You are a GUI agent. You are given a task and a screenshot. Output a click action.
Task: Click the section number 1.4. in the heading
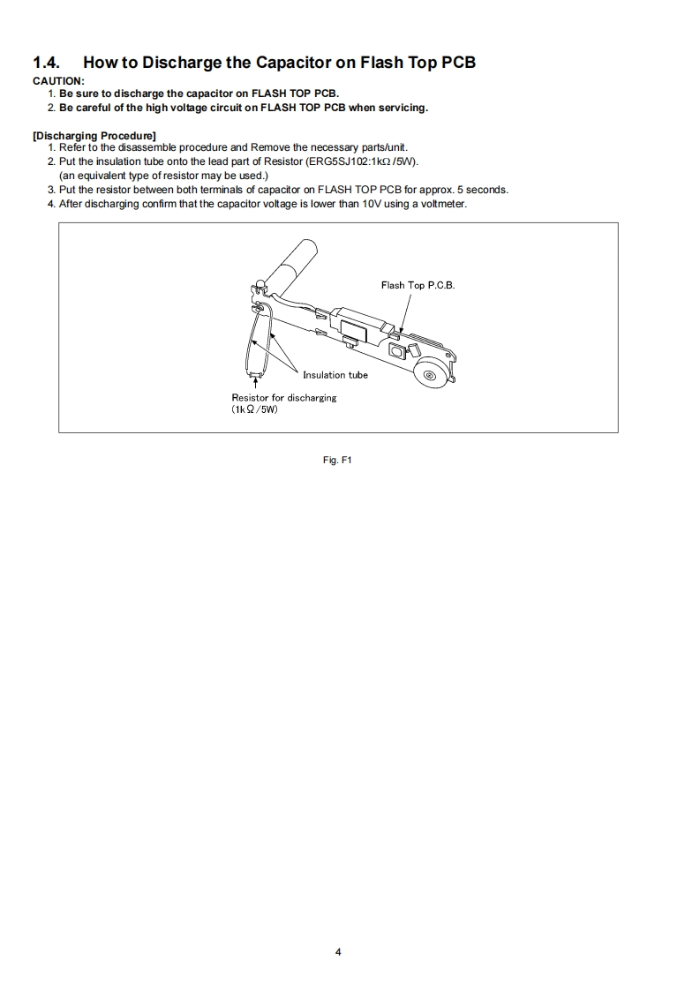coord(48,63)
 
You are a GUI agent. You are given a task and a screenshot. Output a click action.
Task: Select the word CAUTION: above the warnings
coord(58,81)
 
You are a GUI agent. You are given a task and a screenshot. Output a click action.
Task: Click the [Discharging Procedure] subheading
coord(94,135)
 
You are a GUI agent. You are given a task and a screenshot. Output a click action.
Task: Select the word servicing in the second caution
coord(402,108)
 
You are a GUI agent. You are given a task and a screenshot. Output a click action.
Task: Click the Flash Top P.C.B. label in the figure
coord(418,285)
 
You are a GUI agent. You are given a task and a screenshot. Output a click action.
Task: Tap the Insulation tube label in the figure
coord(335,375)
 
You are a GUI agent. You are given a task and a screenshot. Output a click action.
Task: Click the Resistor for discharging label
coord(284,398)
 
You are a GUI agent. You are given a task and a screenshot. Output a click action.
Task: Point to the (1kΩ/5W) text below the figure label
coord(255,410)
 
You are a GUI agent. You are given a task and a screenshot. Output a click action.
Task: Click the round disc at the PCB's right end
coord(430,376)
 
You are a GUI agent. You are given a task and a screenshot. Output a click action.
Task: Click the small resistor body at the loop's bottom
coord(254,375)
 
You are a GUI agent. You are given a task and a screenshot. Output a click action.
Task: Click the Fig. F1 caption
coord(338,460)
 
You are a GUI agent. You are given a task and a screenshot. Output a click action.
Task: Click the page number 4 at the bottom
coord(338,952)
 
